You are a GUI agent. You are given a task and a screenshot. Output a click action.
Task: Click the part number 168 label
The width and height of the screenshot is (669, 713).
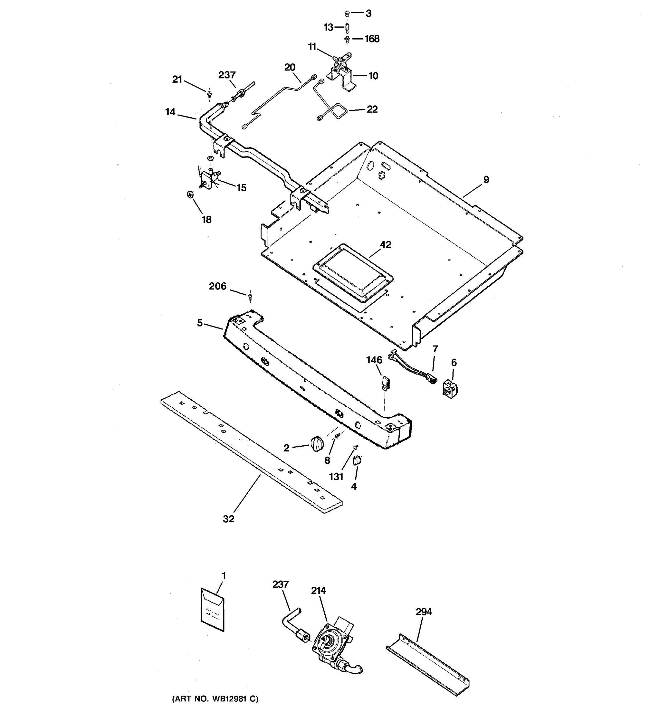[372, 39]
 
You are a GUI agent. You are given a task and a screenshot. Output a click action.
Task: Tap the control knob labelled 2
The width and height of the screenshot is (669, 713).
[317, 444]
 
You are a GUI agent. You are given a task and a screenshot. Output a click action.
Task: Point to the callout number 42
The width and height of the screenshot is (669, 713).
[385, 244]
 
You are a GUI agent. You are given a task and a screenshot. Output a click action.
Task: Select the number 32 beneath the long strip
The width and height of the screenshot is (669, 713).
[229, 519]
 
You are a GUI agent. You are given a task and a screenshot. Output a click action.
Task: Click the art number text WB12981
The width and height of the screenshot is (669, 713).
[215, 699]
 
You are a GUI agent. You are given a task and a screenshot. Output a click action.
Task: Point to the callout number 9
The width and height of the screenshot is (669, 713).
[486, 180]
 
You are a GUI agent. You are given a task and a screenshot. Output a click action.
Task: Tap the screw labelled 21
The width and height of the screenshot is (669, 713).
[209, 94]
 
